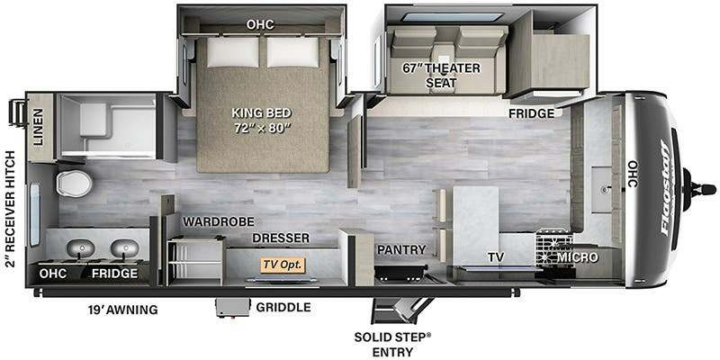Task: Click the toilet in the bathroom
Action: pyautogui.click(x=74, y=184)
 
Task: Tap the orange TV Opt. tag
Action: pyautogui.click(x=283, y=265)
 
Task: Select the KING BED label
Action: pyautogui.click(x=261, y=113)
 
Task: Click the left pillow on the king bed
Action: pyautogui.click(x=233, y=52)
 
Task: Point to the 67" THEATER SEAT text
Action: pyautogui.click(x=441, y=76)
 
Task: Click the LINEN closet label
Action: pyautogui.click(x=38, y=127)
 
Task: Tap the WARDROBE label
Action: pyautogui.click(x=218, y=221)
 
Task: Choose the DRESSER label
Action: pyautogui.click(x=281, y=238)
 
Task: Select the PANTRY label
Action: pyautogui.click(x=401, y=250)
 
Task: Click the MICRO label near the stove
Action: pyautogui.click(x=577, y=257)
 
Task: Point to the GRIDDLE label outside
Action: pyautogui.click(x=283, y=307)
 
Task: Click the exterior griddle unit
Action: pyautogui.click(x=233, y=307)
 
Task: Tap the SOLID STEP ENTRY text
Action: pyautogui.click(x=392, y=345)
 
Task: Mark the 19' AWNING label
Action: pyautogui.click(x=122, y=310)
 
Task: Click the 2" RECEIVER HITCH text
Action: pyautogui.click(x=11, y=208)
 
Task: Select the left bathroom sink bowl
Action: pyautogui.click(x=81, y=248)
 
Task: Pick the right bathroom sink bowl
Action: pyautogui.click(x=124, y=248)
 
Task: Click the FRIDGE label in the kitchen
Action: pyautogui.click(x=531, y=113)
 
